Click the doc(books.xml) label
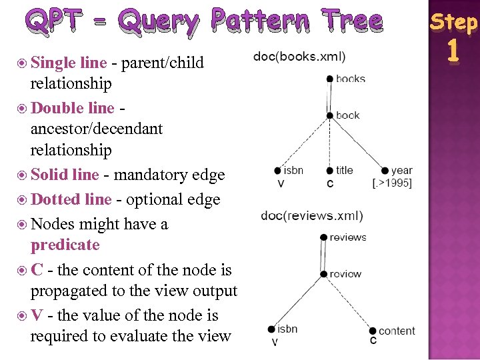coord(299,56)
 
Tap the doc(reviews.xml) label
coord(312,215)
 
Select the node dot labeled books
coord(330,79)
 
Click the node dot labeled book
coord(330,115)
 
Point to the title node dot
coord(330,171)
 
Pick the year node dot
coord(385,171)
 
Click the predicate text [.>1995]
coord(392,183)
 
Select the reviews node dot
coord(323,237)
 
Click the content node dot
coord(373,331)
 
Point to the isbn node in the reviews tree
coord(271,329)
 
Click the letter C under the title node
coord(331,183)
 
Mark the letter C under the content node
coord(373,341)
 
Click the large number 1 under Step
coord(454,52)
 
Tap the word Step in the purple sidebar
coord(453,22)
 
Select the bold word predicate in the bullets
coord(65,245)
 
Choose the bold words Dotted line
coord(71,199)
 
